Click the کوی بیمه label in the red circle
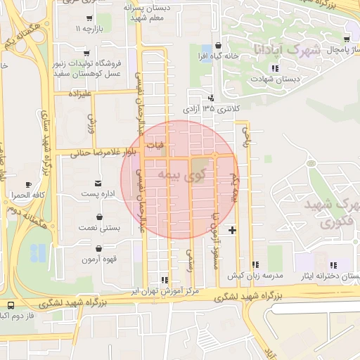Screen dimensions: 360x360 179,174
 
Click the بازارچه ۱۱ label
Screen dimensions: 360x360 89,30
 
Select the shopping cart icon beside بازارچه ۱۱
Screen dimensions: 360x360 89,18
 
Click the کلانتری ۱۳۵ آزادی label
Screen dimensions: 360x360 212,109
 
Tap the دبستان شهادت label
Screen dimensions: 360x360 275,79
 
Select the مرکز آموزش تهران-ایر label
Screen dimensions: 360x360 167,290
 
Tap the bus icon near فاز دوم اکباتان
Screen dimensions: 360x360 10,306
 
